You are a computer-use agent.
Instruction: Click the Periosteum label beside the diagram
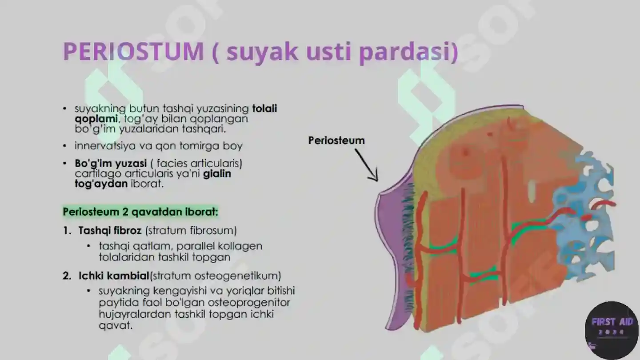point(336,140)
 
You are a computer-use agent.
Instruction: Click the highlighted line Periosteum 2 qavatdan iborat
point(140,212)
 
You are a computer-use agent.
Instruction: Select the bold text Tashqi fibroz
point(110,231)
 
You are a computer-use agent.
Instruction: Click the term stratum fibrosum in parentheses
point(191,231)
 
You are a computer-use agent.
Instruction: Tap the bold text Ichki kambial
point(114,276)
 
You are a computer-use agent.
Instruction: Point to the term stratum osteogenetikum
point(216,276)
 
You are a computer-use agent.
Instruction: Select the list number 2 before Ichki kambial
point(67,276)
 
